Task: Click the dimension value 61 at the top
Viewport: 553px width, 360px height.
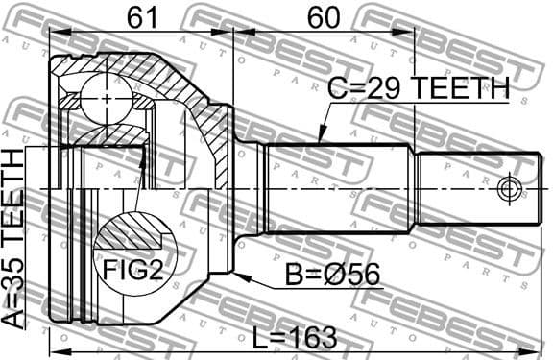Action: (141, 16)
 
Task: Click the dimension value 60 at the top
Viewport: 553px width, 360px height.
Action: (324, 16)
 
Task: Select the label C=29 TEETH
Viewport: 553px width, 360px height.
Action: (418, 90)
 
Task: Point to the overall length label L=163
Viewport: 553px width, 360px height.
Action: (294, 337)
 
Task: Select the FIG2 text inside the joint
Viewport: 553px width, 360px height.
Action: (132, 271)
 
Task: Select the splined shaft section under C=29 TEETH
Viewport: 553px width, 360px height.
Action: (336, 188)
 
